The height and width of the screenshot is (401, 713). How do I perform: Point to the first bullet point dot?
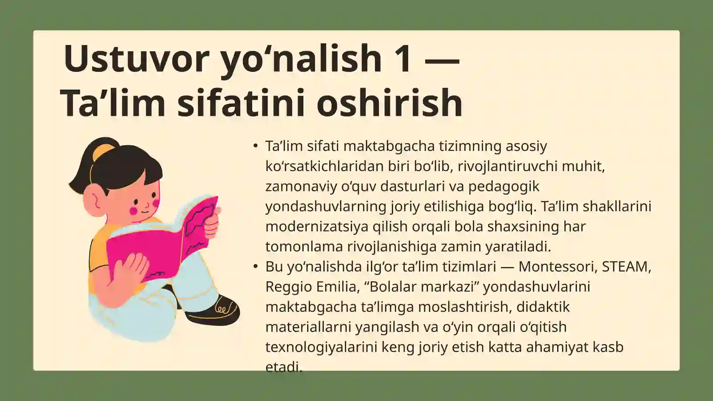point(255,146)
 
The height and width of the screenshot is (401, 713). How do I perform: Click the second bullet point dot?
point(255,266)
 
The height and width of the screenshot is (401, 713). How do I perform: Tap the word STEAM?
point(626,266)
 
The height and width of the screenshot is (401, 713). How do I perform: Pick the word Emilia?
point(337,286)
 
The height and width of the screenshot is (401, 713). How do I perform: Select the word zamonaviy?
point(301,186)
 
